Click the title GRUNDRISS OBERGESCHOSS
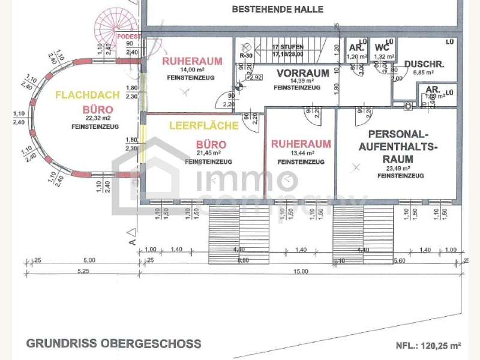tap(114, 344)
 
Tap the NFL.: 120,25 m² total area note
tap(428, 346)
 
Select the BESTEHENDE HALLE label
tap(277, 9)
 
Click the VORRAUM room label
tap(302, 73)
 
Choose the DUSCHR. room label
tap(424, 64)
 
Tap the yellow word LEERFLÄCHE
tap(203, 126)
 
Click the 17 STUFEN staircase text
tap(288, 47)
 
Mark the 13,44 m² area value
tap(301, 154)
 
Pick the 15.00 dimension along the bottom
tap(301, 271)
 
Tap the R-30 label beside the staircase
tap(245, 56)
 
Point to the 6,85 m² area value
tap(424, 72)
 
